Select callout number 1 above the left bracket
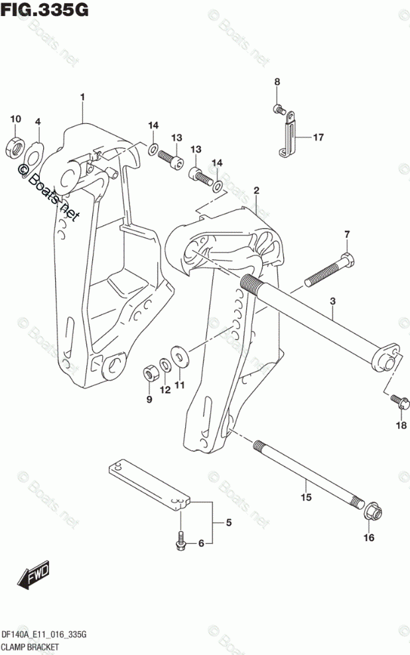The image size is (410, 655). click(x=82, y=97)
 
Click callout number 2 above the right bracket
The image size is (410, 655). click(x=256, y=191)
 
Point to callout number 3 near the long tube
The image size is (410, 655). click(x=332, y=301)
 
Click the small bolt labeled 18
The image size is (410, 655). click(x=397, y=401)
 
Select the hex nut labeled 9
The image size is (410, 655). click(x=150, y=372)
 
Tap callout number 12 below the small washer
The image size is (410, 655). click(x=165, y=390)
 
